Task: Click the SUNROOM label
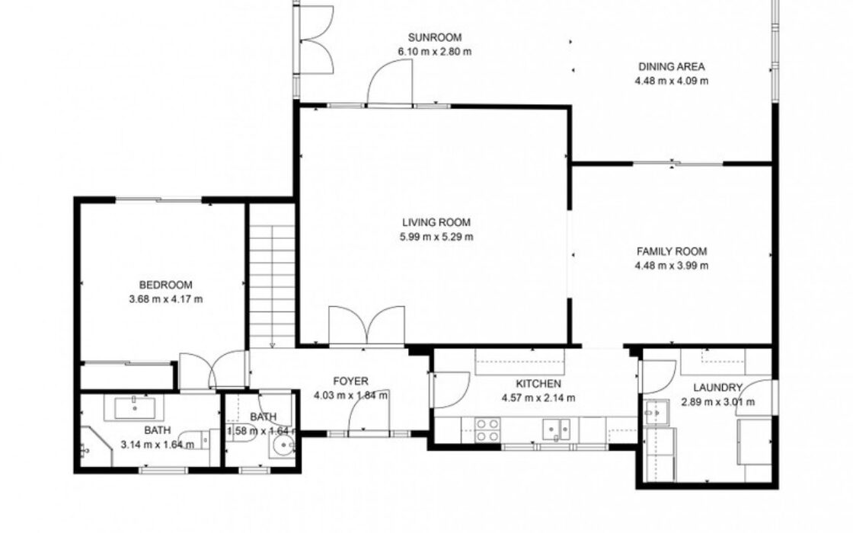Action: coord(435,37)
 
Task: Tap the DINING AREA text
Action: coord(671,67)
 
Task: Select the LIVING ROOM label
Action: coord(436,222)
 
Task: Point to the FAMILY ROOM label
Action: coord(672,251)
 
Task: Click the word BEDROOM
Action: coord(166,285)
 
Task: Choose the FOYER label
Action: coord(350,381)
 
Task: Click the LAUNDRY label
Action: coord(717,388)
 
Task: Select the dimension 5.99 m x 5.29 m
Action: coord(436,237)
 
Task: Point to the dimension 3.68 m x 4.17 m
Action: coord(166,299)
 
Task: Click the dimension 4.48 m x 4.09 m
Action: coord(671,81)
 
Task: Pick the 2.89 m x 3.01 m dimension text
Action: coord(717,403)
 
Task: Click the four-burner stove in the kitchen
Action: coord(487,429)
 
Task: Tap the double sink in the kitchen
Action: coord(556,429)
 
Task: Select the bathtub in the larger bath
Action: coord(135,407)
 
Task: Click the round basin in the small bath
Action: coord(283,448)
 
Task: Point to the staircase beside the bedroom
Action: coord(272,286)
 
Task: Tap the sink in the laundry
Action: coord(656,413)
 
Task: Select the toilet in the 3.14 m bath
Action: coord(194,439)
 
